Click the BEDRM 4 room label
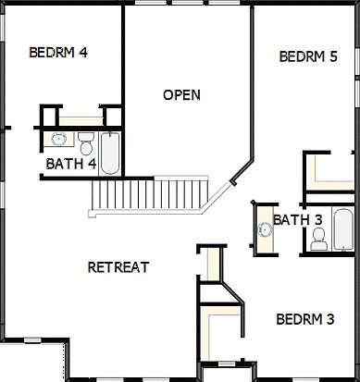point(58,52)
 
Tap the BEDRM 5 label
point(308,56)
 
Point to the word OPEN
point(181,94)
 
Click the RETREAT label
point(118,267)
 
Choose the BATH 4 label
point(71,164)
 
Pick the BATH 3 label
point(298,219)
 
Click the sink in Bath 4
point(58,141)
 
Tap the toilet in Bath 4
point(86,144)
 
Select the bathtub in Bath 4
point(110,153)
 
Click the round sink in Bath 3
point(264,228)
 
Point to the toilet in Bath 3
point(318,239)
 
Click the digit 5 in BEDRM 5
point(332,56)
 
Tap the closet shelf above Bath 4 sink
point(80,119)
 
